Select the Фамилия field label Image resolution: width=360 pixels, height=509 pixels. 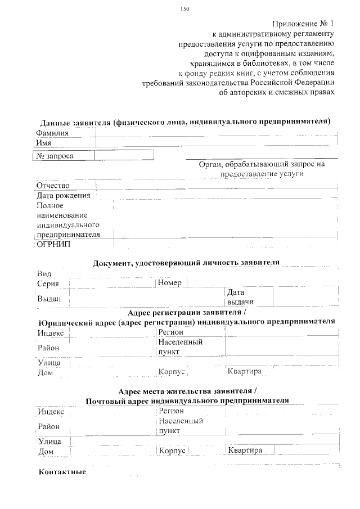(52, 133)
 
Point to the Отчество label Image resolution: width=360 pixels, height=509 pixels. (53, 186)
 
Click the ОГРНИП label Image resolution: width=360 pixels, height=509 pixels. (53, 245)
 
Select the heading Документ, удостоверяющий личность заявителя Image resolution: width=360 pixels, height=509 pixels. (186, 262)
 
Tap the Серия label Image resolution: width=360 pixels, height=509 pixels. (48, 283)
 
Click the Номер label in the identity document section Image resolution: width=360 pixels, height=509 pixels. (170, 283)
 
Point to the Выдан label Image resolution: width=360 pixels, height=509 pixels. (49, 299)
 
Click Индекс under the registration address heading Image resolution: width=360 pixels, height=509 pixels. (51, 333)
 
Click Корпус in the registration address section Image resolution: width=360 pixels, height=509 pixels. (172, 372)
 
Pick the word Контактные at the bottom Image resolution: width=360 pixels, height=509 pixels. (62, 471)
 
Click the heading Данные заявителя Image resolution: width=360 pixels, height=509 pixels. (184, 121)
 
